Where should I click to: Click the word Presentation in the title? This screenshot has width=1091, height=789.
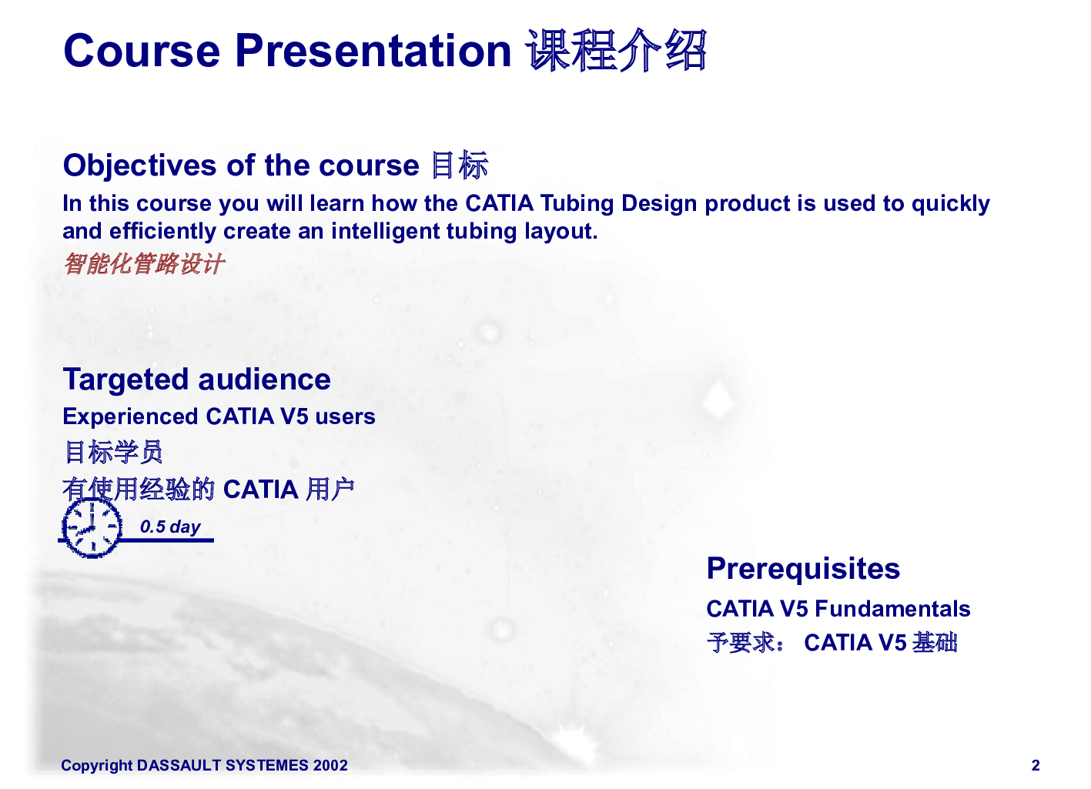click(x=373, y=51)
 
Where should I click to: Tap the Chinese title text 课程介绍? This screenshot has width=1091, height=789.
click(x=616, y=50)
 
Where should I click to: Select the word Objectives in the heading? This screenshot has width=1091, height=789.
click(x=140, y=166)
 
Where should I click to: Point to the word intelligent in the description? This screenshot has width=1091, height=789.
click(x=385, y=231)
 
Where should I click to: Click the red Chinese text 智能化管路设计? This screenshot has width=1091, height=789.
click(x=144, y=263)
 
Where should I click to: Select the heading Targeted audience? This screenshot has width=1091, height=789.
click(x=197, y=380)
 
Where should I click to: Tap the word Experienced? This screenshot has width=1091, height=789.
click(x=131, y=417)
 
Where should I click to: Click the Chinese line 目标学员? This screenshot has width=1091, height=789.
click(x=113, y=452)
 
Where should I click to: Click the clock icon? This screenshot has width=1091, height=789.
click(x=92, y=528)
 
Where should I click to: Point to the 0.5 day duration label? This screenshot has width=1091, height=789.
click(x=170, y=527)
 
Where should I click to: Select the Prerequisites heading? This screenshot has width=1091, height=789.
click(x=803, y=569)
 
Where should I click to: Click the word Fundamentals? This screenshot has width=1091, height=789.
click(x=893, y=609)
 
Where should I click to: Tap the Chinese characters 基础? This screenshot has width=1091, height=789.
click(x=935, y=643)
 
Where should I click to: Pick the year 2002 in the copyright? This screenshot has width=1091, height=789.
click(x=330, y=765)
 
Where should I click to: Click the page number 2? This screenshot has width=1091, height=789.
click(x=1036, y=765)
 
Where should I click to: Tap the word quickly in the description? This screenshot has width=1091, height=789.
click(x=951, y=204)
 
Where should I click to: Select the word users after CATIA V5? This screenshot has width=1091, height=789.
click(x=346, y=417)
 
